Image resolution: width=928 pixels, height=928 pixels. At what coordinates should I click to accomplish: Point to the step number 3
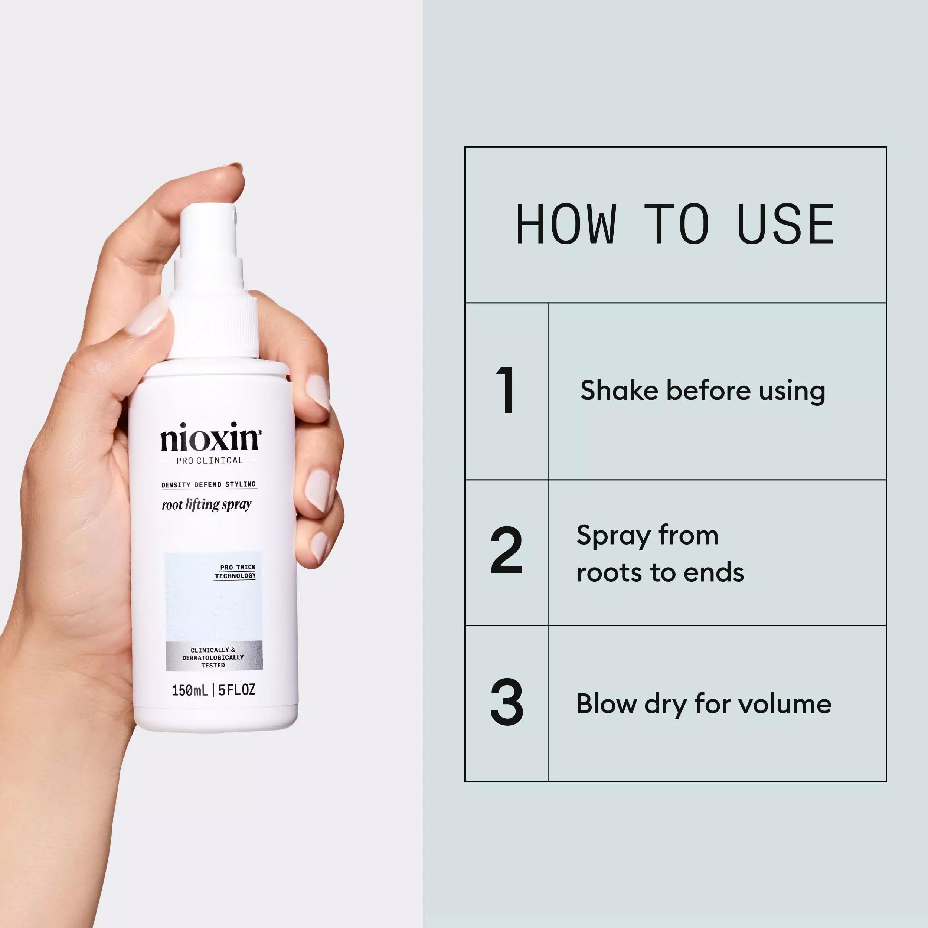click(506, 702)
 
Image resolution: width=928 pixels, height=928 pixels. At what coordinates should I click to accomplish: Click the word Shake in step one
click(619, 390)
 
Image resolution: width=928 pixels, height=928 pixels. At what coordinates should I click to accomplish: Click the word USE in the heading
click(786, 224)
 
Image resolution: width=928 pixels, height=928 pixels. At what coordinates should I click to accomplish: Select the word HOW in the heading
click(566, 224)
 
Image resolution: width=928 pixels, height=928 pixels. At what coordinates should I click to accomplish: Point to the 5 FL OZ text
click(237, 690)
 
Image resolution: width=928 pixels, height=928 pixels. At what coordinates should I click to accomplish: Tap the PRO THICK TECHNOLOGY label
click(235, 572)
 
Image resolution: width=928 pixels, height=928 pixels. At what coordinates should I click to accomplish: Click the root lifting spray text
click(206, 505)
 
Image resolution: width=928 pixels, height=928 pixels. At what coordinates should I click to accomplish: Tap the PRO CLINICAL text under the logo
click(210, 461)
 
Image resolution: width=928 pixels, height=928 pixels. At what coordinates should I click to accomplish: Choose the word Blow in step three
click(606, 704)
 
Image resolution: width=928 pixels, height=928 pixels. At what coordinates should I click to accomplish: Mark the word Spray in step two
click(613, 536)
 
